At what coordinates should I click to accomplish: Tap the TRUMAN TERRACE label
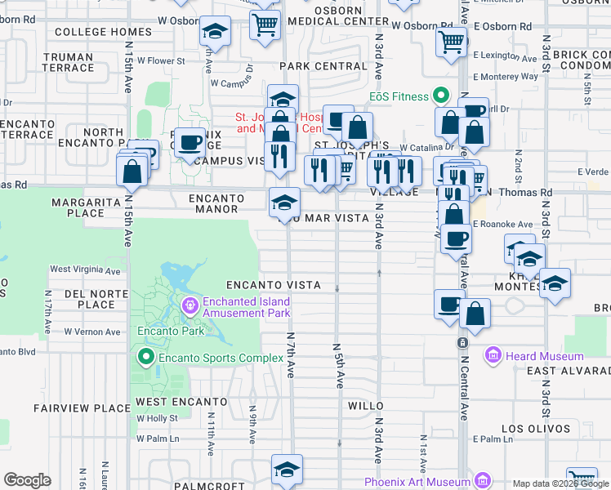tap(69, 63)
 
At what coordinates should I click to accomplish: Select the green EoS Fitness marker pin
tap(442, 96)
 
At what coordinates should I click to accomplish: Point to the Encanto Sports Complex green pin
tap(146, 357)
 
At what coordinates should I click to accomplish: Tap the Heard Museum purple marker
tap(493, 355)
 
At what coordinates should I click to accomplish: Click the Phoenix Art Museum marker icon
tap(482, 480)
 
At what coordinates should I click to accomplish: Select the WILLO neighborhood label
tap(365, 405)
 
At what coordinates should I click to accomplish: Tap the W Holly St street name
tap(157, 418)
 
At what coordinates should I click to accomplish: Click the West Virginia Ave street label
tap(85, 269)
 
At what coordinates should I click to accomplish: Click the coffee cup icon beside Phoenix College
tap(190, 143)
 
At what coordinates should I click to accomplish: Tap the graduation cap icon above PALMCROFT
tap(287, 469)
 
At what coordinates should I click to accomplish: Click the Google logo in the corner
tap(27, 479)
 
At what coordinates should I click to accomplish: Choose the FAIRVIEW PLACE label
tap(82, 408)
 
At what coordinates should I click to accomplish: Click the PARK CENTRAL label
tap(323, 66)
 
